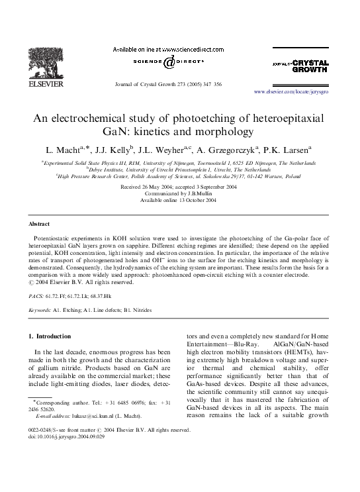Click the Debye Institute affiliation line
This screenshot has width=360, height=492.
coord(179,170)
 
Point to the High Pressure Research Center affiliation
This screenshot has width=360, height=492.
coord(179,177)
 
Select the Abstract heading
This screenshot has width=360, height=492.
coord(40,224)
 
